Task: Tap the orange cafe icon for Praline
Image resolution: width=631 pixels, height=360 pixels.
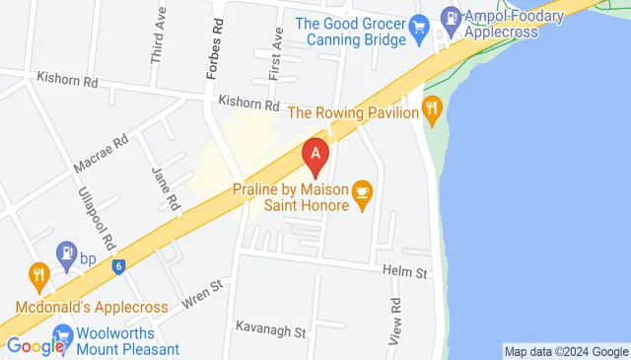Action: [x=362, y=189]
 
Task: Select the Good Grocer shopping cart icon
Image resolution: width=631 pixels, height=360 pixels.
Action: [x=420, y=26]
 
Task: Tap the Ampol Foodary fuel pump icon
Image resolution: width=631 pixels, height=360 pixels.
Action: [x=451, y=16]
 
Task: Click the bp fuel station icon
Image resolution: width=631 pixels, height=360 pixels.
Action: [x=67, y=252]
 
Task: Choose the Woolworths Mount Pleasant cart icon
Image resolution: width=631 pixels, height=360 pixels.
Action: [x=63, y=334]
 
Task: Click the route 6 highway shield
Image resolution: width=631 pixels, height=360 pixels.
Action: [x=118, y=265]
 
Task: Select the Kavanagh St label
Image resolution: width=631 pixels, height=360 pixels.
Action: [x=272, y=330]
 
